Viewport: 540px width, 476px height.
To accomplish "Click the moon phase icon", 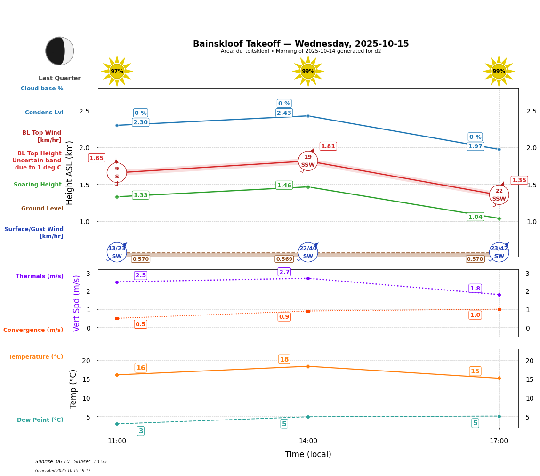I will coord(60,51).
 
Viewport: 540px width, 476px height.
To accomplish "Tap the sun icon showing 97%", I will coord(117,71).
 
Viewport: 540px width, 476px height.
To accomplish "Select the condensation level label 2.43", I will coord(284,113).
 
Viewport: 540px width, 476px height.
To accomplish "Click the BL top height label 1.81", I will coord(328,146).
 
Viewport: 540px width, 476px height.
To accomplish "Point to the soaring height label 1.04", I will coord(475,217).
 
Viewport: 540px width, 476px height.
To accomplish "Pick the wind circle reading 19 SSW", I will coord(308,161).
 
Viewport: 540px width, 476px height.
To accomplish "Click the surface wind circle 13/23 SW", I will coord(117,252).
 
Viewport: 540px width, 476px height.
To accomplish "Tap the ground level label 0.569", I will coord(284,259).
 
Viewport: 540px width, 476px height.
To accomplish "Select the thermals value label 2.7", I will coord(284,272).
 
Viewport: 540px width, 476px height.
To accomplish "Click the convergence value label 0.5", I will coord(140,324).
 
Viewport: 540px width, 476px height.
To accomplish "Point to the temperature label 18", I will coord(284,359).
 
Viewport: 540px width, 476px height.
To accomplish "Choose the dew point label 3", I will coord(140,431).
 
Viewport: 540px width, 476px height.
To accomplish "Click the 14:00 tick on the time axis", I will coord(308,441).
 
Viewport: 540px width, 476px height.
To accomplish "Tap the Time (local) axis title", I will coord(308,454).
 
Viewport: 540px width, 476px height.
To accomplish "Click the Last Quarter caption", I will coord(59,78).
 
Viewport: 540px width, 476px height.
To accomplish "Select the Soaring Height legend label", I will coord(38,185).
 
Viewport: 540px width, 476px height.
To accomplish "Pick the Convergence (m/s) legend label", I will coord(33,330).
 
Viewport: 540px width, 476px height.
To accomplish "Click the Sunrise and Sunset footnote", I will coord(71,462).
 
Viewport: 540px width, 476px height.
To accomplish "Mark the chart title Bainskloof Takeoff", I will coord(301,44).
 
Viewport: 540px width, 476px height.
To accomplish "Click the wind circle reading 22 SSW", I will coord(499,195).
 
